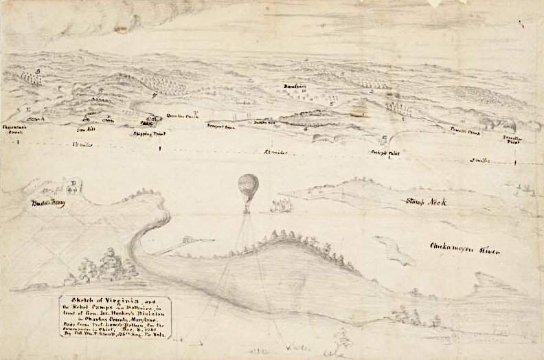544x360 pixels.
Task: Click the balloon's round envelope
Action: [248, 185]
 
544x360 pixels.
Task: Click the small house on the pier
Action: [185, 241]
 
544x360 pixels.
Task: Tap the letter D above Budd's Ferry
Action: [71, 183]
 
